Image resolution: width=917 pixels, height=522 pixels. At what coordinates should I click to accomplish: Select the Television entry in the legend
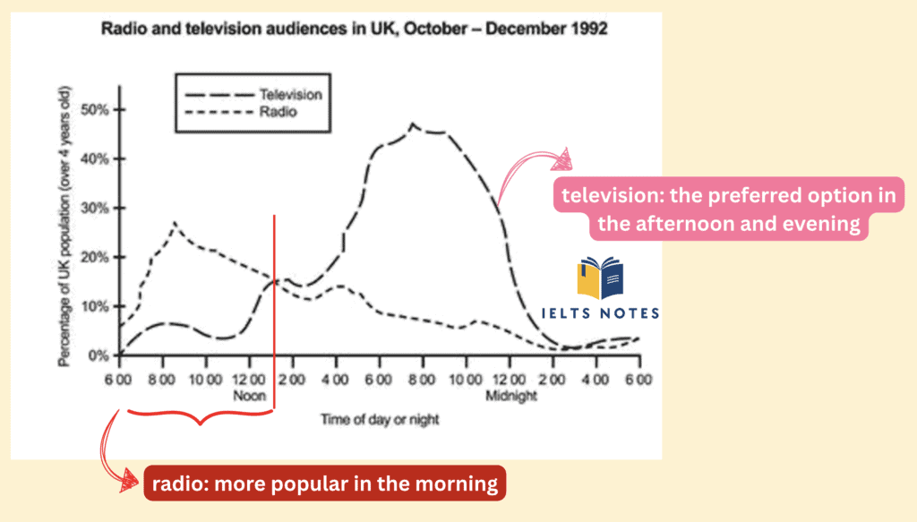290,94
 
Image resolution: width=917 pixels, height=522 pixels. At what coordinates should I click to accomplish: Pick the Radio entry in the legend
278,114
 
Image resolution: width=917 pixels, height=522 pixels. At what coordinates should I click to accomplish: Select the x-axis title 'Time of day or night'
381,418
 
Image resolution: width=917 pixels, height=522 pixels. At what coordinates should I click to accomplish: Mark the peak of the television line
412,124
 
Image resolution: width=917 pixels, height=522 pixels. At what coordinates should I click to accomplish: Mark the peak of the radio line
174,223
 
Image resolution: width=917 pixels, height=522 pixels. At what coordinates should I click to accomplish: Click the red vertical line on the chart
274,304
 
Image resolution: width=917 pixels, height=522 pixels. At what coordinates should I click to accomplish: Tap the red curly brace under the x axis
199,416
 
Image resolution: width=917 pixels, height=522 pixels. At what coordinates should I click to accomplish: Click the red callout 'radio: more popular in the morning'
325,483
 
